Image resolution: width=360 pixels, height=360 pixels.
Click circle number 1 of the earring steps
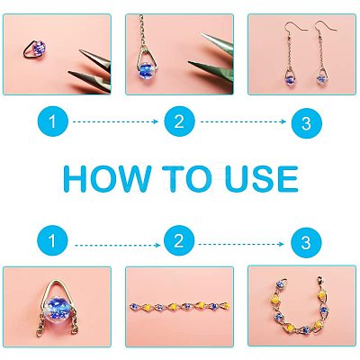point(52,121)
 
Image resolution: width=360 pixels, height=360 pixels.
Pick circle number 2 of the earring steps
point(179,121)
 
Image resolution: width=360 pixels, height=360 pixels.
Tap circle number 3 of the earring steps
point(306,123)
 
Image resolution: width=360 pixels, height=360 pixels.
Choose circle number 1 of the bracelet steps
point(52,240)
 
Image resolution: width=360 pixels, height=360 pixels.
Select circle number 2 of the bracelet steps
point(179,240)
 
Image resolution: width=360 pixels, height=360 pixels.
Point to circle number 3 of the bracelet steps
point(306,242)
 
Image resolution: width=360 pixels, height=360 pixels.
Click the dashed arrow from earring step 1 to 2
point(115,121)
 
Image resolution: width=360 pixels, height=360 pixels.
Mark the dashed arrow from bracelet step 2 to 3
point(241,244)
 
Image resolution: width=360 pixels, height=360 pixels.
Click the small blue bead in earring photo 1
point(39,48)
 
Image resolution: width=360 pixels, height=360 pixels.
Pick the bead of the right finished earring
point(321,79)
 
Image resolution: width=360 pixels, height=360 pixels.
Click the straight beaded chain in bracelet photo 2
point(179,306)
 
